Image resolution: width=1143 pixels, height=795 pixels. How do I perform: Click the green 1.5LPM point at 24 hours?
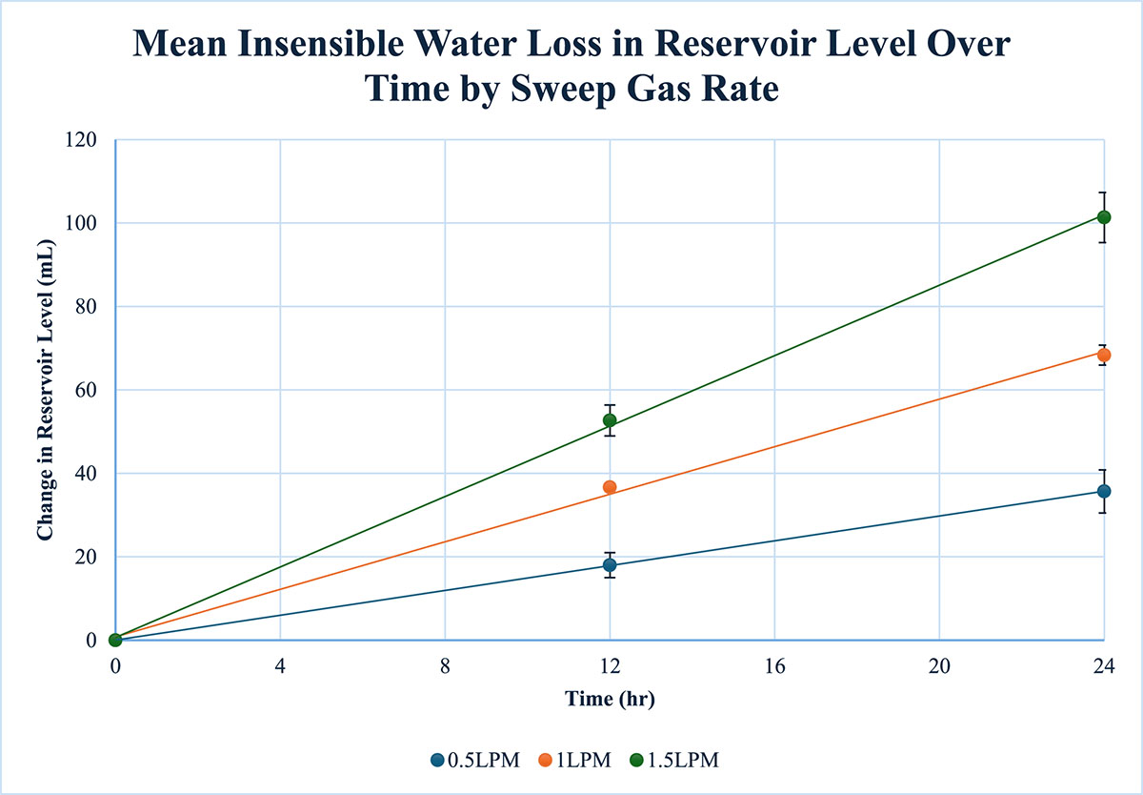[1104, 217]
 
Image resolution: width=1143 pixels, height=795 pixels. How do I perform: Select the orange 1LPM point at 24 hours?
[1104, 355]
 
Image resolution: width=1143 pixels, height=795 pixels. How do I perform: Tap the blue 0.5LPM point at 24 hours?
[1104, 491]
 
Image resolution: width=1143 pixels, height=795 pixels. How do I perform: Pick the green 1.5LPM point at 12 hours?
[610, 420]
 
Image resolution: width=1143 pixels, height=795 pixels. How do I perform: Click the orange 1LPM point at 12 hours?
[610, 487]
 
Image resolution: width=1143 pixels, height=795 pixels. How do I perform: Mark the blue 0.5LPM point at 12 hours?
[610, 564]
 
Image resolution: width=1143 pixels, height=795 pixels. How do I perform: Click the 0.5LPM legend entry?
[475, 761]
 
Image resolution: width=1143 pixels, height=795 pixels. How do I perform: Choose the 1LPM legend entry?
[575, 761]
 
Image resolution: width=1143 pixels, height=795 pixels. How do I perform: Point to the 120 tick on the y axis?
[81, 140]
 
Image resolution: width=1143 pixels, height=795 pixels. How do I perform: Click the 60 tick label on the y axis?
[86, 390]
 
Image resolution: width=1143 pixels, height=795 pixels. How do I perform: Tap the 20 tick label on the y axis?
[86, 557]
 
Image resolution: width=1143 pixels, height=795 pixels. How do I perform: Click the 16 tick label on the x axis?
[774, 666]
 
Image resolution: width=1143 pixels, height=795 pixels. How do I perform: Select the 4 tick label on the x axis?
[280, 666]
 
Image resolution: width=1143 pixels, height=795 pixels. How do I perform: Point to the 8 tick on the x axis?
[445, 666]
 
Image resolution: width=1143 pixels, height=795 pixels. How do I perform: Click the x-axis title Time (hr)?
[610, 699]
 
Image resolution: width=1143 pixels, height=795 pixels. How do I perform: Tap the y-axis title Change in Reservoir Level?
[46, 390]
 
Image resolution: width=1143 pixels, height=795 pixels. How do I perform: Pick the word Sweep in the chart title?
[563, 90]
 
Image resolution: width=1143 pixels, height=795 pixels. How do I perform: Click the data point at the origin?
[115, 640]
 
